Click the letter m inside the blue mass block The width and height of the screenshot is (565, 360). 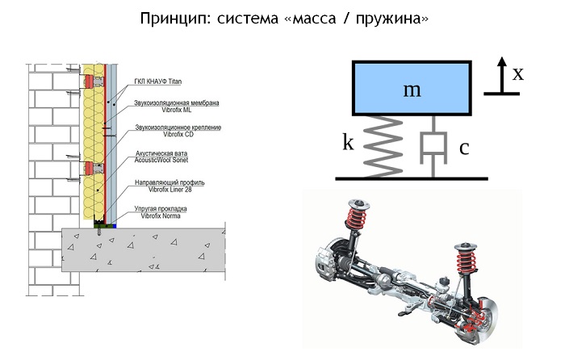tap(412, 89)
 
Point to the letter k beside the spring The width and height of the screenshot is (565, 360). tap(348, 143)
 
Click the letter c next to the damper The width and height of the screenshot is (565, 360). tap(464, 148)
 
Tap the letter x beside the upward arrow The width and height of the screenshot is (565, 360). tap(518, 73)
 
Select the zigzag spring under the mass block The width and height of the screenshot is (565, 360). tap(379, 144)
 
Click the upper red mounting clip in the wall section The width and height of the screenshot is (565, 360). tap(91, 81)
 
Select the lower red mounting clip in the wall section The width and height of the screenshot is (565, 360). tap(91, 169)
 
